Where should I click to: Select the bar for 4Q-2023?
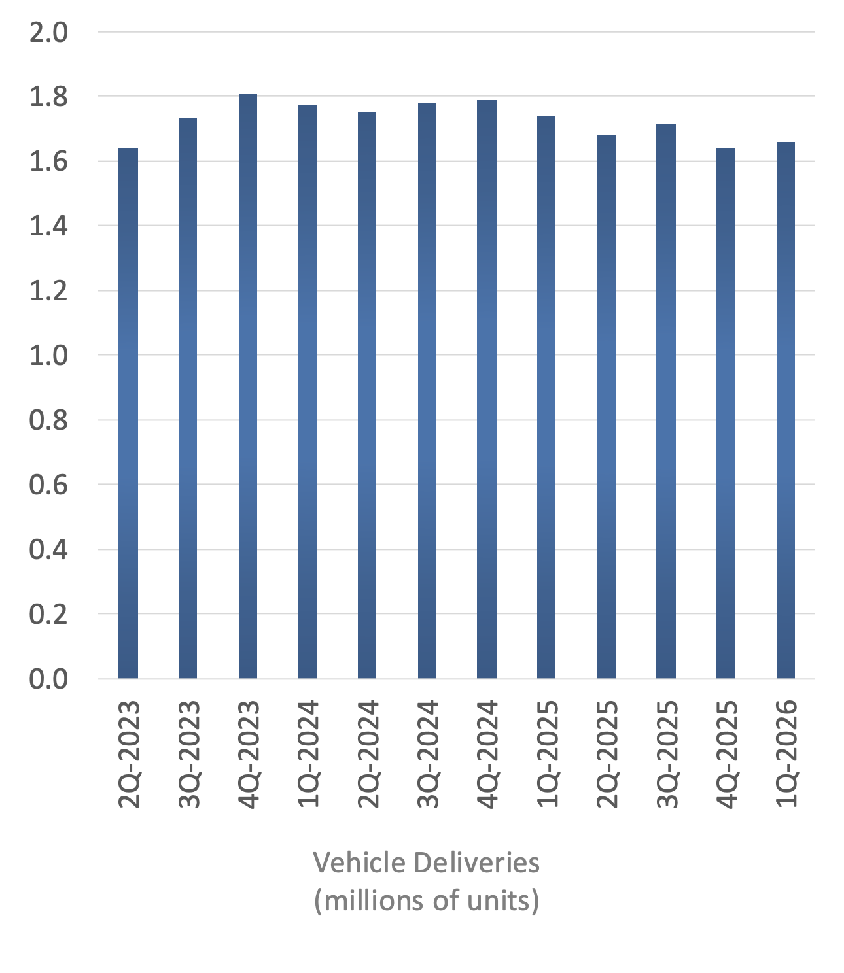[248, 386]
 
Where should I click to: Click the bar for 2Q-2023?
[128, 413]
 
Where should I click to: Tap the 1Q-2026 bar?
[785, 410]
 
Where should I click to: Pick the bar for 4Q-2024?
[487, 389]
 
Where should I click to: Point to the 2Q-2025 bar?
[607, 407]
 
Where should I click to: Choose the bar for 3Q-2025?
[666, 401]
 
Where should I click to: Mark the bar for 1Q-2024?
[308, 392]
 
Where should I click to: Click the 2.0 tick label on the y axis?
[48, 32]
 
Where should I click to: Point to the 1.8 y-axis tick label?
[48, 97]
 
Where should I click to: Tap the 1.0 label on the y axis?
[48, 356]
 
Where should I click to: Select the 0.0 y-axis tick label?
[48, 679]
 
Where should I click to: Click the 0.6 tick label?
[48, 485]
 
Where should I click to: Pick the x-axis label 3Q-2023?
[189, 754]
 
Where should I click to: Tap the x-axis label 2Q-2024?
[368, 754]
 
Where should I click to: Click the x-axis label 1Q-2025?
[548, 754]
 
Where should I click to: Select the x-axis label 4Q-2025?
[727, 754]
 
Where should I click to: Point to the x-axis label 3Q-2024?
[428, 754]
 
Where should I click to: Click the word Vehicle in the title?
[351, 863]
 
